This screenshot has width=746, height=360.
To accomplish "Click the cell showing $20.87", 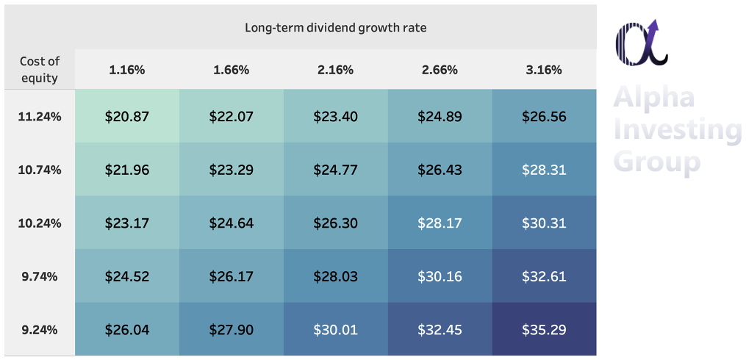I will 127,116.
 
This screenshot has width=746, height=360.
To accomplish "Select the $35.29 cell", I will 544,330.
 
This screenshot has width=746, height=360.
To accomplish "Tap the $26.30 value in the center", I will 336,223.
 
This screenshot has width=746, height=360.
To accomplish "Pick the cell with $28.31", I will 544,170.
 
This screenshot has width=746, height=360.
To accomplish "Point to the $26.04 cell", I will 127,330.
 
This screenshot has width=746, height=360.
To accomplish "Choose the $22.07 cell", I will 232,116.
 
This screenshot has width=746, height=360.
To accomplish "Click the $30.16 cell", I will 440,277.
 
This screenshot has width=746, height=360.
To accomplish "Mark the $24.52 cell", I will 127,277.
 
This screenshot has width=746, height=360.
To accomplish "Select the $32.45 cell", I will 440,330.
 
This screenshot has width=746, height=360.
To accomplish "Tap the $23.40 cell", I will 336,116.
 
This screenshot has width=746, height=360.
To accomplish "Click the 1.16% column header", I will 127,71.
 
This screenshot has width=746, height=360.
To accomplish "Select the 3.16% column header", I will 544,71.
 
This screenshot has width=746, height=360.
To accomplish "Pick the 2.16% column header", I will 336,71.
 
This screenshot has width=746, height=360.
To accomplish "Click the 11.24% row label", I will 40,116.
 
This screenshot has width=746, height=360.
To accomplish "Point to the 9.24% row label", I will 40,330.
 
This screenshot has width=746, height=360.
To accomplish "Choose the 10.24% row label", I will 40,223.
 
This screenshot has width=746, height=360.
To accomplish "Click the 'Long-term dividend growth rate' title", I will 336,28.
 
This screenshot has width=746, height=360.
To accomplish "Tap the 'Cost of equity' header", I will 40,70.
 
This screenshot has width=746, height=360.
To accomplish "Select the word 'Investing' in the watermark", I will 678,130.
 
